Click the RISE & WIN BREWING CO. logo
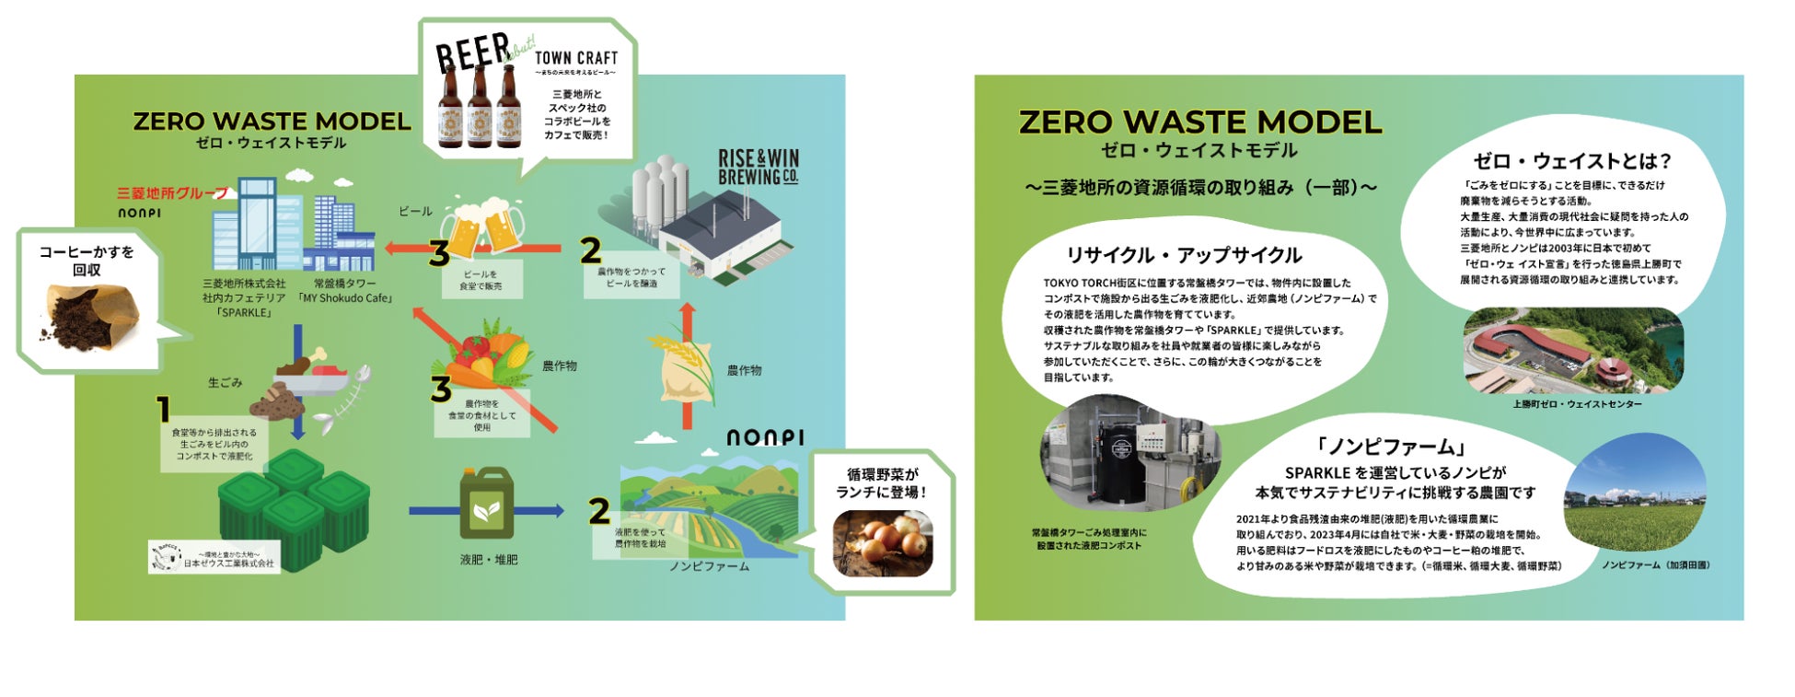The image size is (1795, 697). [x=758, y=167]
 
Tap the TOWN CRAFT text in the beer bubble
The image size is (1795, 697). [x=576, y=58]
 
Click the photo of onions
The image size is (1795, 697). [x=882, y=541]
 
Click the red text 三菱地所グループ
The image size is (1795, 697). [x=172, y=193]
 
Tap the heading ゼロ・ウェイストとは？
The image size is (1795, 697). [x=1571, y=161]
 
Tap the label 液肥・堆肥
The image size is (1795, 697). [x=489, y=560]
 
